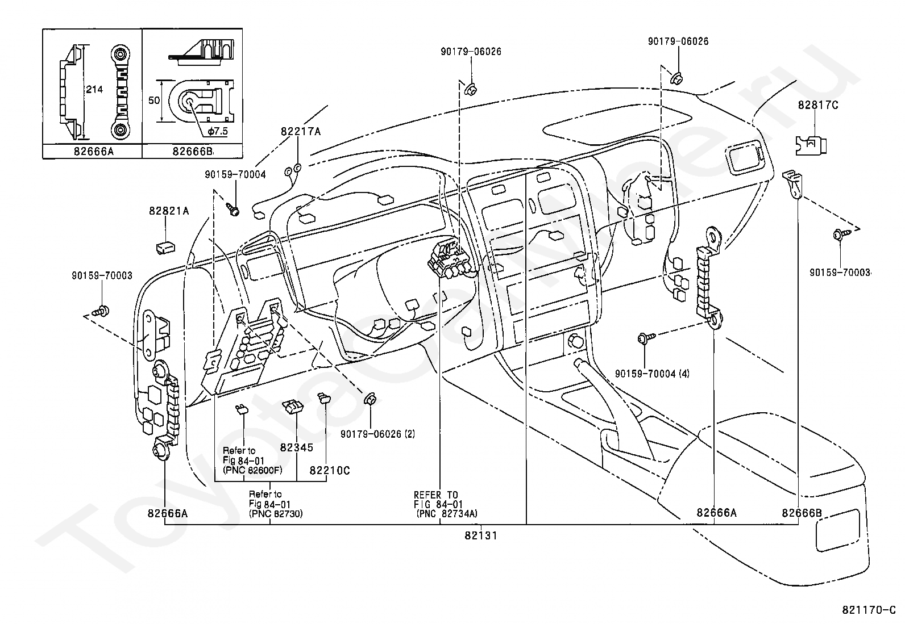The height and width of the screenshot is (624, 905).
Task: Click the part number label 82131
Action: point(481,535)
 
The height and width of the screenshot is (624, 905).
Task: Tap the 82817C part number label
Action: point(818,105)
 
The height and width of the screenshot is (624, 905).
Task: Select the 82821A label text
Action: point(169,211)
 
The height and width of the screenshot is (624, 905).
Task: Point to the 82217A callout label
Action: point(301,131)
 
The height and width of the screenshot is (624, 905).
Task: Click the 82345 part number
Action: point(297,447)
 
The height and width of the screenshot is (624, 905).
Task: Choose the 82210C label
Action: point(330,470)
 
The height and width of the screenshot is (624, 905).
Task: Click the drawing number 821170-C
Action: point(869,610)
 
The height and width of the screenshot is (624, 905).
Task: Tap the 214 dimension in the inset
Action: point(94,89)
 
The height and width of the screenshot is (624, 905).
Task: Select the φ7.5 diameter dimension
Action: point(218,131)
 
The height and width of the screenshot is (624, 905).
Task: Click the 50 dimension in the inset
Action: point(154,100)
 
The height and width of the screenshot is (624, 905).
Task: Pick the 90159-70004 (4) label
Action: point(652,374)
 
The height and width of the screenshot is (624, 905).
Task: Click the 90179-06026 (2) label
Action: point(378,434)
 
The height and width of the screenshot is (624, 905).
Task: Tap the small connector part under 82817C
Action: point(811,145)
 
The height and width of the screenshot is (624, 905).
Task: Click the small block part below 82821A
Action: point(165,247)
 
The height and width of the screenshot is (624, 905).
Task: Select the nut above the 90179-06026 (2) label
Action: point(371,399)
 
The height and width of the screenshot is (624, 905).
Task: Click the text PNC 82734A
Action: point(447,513)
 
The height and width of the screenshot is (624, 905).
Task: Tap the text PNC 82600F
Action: point(252,470)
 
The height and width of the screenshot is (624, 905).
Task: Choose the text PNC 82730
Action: point(276,513)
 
